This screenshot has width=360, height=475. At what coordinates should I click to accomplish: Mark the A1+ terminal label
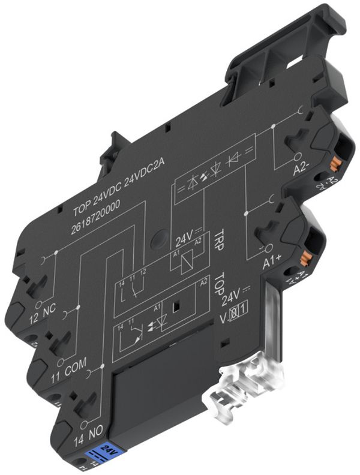[274, 262]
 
